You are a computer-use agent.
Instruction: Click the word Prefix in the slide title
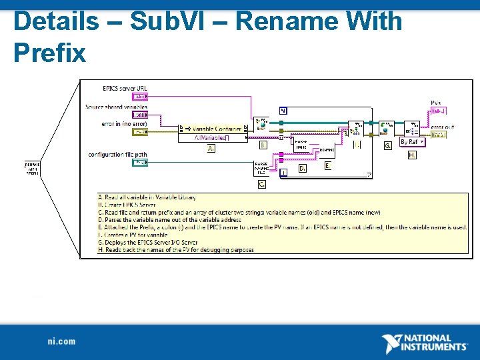(x=50, y=51)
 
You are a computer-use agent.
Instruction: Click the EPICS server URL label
(x=125, y=88)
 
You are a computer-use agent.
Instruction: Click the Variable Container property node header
(x=213, y=128)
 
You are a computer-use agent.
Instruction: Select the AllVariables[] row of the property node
(x=213, y=138)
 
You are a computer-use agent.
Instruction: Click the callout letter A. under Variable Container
(x=211, y=149)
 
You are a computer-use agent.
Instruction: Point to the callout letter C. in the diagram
(x=262, y=184)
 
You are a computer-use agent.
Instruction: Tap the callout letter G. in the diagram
(x=387, y=145)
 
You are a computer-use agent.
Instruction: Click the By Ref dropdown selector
(x=412, y=141)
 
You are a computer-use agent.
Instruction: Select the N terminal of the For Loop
(x=283, y=111)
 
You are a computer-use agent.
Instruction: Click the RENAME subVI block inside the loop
(x=327, y=151)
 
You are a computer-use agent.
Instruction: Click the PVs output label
(x=436, y=103)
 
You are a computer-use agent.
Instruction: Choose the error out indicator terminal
(x=439, y=134)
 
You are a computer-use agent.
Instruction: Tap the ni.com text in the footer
(x=61, y=342)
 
